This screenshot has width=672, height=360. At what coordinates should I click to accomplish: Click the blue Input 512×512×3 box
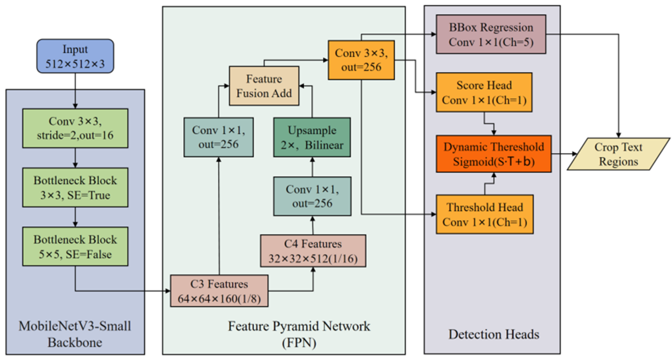75,56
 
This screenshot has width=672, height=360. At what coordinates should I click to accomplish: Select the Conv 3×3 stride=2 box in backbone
75,128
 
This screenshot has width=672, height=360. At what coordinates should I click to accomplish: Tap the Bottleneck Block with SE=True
75,188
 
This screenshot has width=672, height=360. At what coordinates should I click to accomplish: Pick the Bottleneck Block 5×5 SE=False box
75,247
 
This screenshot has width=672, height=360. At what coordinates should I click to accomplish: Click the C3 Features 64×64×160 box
219,291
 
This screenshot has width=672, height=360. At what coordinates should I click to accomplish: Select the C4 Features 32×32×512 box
313,251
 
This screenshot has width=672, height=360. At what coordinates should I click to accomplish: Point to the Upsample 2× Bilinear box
312,137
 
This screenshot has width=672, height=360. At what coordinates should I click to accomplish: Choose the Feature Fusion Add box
264,86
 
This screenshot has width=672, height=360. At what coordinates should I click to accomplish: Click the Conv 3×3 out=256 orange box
361,60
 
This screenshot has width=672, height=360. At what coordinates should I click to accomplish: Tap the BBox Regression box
491,34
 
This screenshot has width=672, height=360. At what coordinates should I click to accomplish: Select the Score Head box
484,92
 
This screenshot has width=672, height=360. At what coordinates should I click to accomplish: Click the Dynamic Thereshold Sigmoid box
494,154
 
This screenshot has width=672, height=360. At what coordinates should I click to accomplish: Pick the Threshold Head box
485,215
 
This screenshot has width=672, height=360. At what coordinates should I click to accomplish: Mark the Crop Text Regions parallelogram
618,154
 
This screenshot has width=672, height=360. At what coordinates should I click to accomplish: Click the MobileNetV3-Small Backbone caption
75,334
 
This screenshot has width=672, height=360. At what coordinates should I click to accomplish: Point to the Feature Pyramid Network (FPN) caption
299,334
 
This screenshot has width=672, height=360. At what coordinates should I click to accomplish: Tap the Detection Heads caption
494,334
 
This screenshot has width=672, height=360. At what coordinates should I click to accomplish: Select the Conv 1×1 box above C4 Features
312,196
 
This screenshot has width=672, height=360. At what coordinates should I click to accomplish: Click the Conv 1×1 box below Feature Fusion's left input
218,137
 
